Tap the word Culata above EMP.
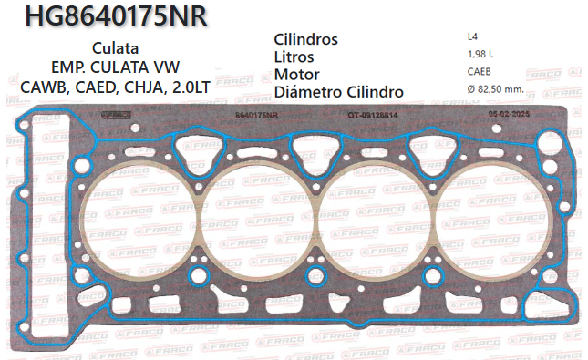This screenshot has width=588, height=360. point(115,48)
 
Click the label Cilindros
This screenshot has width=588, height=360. point(306,40)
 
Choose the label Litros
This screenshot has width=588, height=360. point(294,57)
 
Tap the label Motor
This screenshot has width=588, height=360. point(296,75)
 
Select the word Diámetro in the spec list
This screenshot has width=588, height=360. point(307,92)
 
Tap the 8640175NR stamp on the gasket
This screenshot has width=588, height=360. point(255,115)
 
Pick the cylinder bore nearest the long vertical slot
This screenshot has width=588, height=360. point(138,219)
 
